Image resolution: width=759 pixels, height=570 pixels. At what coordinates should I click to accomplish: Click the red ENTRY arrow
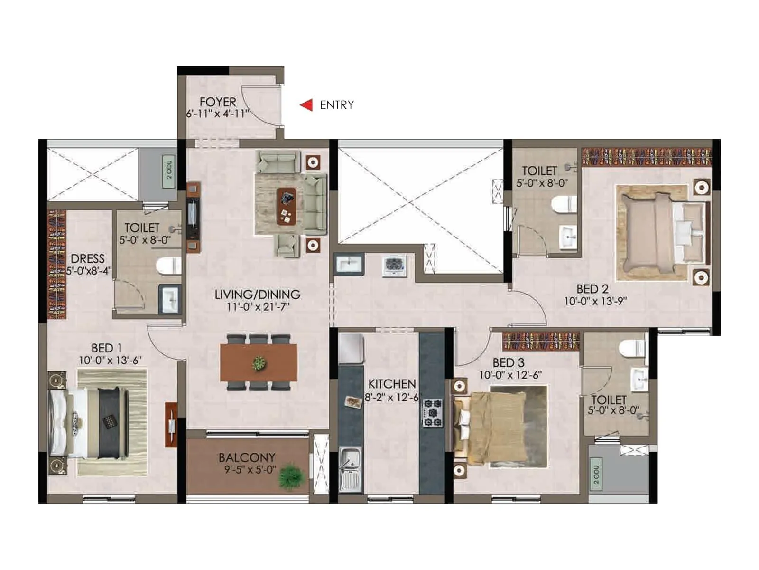click(306, 104)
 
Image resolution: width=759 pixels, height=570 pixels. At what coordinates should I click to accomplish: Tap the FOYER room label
click(218, 102)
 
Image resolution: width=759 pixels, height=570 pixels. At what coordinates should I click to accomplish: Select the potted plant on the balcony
click(290, 476)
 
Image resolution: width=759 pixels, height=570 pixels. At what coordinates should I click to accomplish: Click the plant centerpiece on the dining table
click(259, 363)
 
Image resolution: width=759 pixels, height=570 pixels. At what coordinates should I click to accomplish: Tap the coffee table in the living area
click(286, 206)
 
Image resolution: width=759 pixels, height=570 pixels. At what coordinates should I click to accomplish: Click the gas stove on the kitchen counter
click(433, 412)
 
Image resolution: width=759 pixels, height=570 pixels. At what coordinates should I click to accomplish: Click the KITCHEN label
click(392, 384)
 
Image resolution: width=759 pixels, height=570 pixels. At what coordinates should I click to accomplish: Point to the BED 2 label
click(592, 289)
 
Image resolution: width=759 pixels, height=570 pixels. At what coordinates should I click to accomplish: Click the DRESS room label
click(88, 259)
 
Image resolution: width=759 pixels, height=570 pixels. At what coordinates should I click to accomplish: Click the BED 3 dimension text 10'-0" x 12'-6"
click(510, 375)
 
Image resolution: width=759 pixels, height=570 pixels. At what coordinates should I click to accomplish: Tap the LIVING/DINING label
click(257, 294)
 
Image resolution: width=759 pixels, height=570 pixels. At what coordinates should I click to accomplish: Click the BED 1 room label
click(107, 348)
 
